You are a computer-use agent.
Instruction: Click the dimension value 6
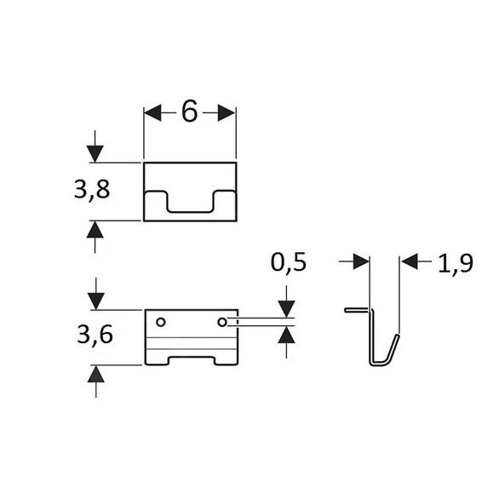tap(189, 112)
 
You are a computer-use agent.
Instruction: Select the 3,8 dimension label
tap(92, 190)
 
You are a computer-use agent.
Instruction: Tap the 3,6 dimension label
tap(95, 335)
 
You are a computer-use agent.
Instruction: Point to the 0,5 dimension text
tap(289, 262)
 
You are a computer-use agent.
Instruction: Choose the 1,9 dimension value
tap(456, 264)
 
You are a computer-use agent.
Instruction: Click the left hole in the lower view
tap(161, 322)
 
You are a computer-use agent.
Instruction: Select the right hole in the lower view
tap(222, 322)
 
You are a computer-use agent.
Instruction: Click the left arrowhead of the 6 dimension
tap(152, 112)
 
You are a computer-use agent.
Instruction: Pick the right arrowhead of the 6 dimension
tap(227, 112)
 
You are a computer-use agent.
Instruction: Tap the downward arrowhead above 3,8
tap(95, 154)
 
